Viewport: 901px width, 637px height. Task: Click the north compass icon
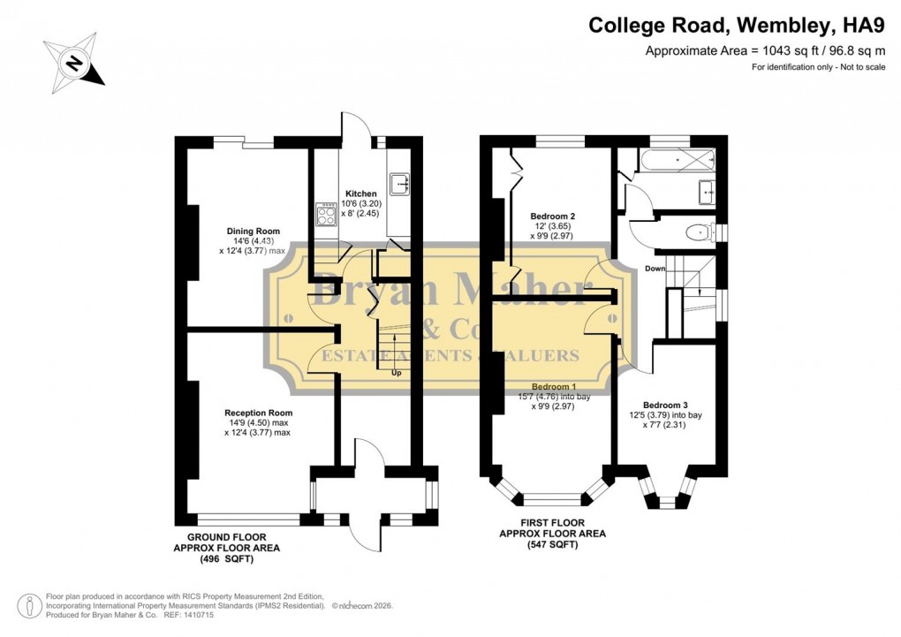click(74, 63)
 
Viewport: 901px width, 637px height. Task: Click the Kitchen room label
click(360, 193)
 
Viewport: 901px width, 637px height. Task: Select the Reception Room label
click(257, 413)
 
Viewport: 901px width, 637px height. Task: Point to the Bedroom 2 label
click(553, 216)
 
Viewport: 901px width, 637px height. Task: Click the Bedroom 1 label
click(553, 387)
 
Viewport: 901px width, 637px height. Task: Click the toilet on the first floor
click(699, 233)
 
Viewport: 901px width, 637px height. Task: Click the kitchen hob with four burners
click(323, 216)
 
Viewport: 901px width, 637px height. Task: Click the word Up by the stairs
click(396, 372)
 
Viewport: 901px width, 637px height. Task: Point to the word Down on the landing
click(655, 269)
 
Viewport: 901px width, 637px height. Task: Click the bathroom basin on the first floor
click(707, 191)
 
